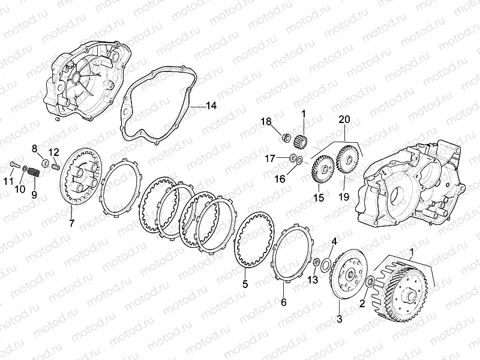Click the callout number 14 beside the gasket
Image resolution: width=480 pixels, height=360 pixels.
click(211, 106)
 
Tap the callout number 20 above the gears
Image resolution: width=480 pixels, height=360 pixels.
click(344, 119)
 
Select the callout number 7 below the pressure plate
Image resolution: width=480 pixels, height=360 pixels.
click(71, 223)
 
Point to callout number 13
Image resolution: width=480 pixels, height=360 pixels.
click(313, 280)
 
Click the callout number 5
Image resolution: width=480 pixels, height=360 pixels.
click(245, 284)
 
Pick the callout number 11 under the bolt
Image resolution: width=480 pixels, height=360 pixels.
click(8, 181)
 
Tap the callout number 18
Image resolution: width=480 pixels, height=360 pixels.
click(266, 122)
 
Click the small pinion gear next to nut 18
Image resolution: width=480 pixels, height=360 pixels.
click(299, 140)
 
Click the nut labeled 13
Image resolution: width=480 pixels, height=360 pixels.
click(317, 262)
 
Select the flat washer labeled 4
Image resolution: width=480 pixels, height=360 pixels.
click(325, 265)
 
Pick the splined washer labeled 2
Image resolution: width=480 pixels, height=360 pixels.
click(370, 281)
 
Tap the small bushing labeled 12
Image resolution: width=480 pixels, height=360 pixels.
click(55, 167)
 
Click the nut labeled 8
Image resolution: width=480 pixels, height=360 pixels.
click(44, 163)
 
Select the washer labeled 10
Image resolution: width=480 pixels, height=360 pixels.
click(25, 168)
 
